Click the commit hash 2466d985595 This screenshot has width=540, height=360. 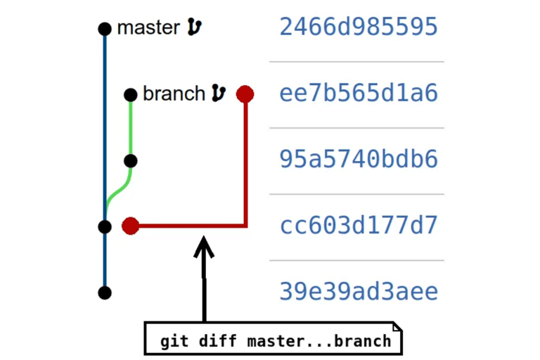359,27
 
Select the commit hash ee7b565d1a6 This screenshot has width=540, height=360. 359,93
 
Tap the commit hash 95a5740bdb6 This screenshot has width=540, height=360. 359,159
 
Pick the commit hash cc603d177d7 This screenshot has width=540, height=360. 359,226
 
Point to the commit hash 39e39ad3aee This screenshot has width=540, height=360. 359,292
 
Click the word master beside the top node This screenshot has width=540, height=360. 148,28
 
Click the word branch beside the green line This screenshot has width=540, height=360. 174,94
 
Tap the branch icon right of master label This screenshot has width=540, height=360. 195,27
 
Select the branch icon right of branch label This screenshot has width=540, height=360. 219,93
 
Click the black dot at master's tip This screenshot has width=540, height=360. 105,29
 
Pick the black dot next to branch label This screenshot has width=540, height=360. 130,94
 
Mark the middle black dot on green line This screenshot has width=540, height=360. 130,161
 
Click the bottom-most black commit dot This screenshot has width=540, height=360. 105,292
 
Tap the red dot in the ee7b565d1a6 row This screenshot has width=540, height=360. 245,94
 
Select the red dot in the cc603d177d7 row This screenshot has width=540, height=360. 130,226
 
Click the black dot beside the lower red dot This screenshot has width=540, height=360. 105,226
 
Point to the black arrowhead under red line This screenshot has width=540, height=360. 204,246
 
